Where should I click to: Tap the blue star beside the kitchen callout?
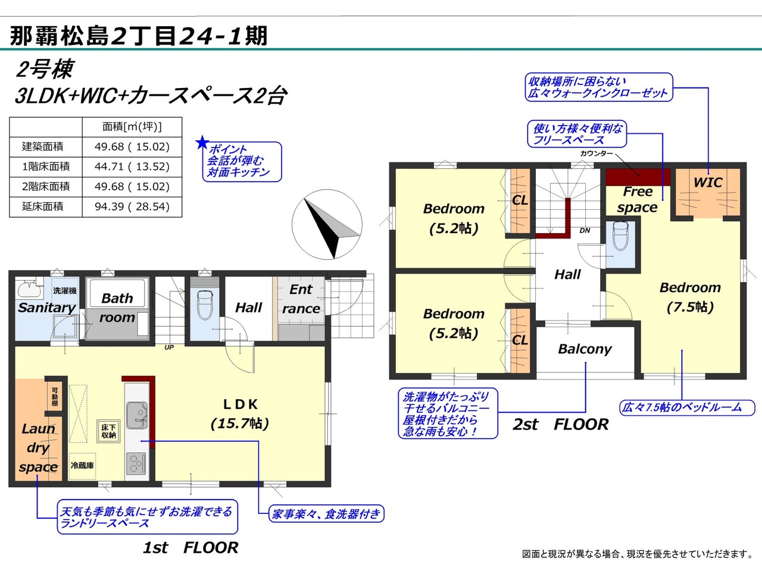[202, 143]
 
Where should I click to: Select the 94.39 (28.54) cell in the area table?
[132, 207]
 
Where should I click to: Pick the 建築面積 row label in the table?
[43, 147]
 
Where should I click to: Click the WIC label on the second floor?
[708, 183]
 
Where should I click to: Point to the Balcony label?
[585, 349]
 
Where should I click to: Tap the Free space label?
[638, 199]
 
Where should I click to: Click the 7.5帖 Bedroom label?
[690, 297]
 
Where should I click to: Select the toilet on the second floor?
[621, 236]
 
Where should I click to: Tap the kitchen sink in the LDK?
[137, 415]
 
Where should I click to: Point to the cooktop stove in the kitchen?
[136, 463]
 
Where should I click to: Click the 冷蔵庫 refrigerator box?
[82, 466]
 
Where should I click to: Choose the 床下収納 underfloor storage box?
[109, 431]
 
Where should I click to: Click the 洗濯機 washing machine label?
[64, 290]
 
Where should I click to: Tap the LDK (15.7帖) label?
[240, 414]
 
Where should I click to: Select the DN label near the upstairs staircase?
[585, 231]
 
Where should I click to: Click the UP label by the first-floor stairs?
[169, 347]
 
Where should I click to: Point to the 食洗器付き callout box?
[326, 514]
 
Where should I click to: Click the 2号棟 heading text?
[45, 69]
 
